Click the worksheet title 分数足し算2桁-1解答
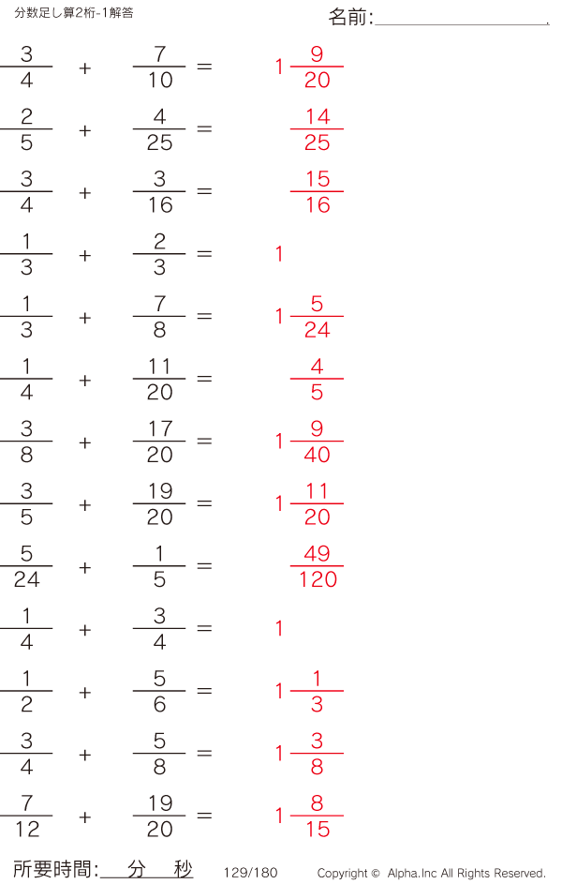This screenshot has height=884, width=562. (x=74, y=12)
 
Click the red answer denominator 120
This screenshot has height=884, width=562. (x=318, y=579)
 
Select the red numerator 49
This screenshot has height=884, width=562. (x=317, y=553)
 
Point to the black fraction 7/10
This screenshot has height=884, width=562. (x=159, y=67)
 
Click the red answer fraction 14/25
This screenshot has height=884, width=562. (x=317, y=129)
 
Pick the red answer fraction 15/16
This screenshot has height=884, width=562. (x=317, y=192)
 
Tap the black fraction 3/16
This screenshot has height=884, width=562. (x=159, y=192)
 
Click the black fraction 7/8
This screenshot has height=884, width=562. (x=159, y=317)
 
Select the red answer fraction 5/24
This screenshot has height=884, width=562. (x=317, y=317)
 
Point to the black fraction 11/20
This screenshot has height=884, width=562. (x=159, y=380)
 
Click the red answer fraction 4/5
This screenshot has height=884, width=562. (x=317, y=380)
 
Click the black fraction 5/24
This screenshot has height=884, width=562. (x=26, y=566)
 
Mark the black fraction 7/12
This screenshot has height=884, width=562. (x=26, y=817)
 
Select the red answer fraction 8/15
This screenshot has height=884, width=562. (x=317, y=817)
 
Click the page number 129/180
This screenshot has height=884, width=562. (x=251, y=873)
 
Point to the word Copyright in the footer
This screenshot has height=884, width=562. (x=343, y=874)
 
